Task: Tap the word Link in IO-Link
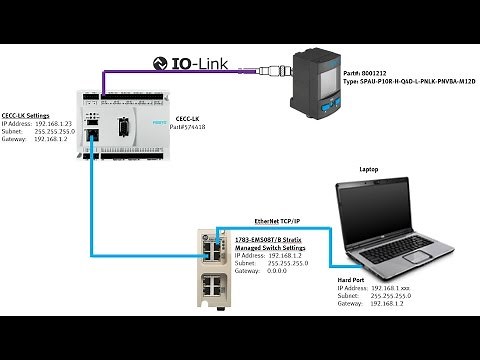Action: click(211, 64)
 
